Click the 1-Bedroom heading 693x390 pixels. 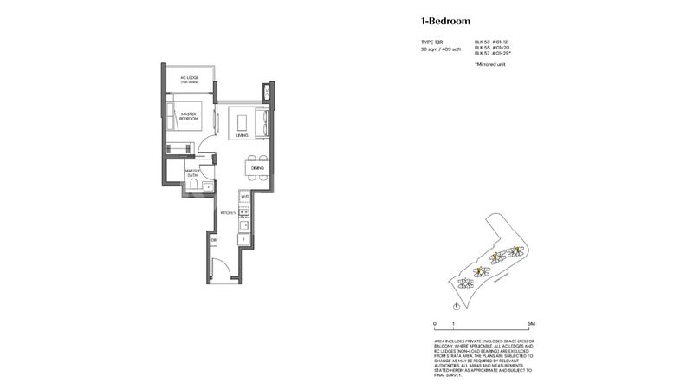point(445,20)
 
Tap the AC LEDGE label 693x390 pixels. point(190,79)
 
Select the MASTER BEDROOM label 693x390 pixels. point(190,115)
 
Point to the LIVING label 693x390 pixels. point(243,136)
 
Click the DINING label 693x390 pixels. point(257,167)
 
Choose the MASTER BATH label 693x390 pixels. point(191,174)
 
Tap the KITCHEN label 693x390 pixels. point(228,211)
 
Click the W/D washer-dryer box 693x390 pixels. point(244,198)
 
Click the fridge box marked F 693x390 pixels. point(244,237)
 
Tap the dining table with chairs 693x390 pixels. point(257,167)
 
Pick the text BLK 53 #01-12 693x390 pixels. point(491,42)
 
